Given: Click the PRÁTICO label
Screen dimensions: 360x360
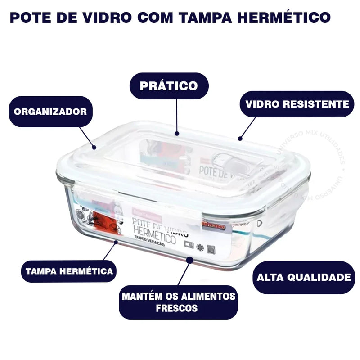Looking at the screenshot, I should (169, 85).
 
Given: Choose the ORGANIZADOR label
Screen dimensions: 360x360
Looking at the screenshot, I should (50, 112).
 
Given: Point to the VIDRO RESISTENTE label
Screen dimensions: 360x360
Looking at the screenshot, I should (297, 104).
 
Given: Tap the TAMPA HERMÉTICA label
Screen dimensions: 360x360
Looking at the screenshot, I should (69, 271).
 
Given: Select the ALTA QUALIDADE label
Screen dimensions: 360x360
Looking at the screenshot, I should (303, 277).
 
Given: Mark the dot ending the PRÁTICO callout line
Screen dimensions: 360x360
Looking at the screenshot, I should (177, 133).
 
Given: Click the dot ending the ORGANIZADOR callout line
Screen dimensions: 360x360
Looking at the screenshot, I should (94, 147).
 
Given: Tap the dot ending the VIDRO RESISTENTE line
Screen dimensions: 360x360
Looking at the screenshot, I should (240, 138).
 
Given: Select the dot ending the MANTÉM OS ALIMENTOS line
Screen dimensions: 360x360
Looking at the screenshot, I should (191, 260).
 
